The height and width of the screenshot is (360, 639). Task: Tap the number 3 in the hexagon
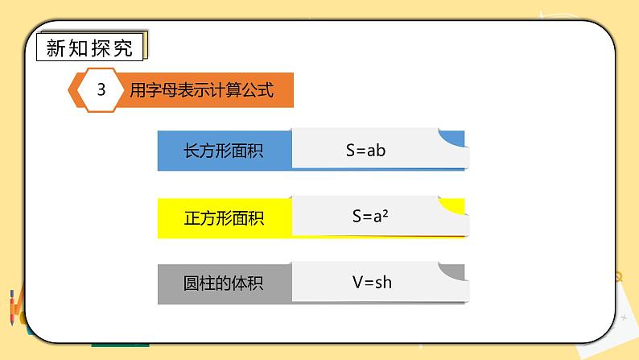pyautogui.click(x=101, y=90)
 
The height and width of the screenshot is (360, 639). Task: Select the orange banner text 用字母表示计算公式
pyautogui.click(x=201, y=90)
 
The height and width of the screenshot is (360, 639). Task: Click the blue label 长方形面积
pyautogui.click(x=224, y=151)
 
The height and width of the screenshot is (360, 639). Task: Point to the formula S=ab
pyautogui.click(x=365, y=150)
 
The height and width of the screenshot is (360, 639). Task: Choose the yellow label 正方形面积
pyautogui.click(x=224, y=218)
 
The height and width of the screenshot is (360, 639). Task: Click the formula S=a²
pyautogui.click(x=370, y=216)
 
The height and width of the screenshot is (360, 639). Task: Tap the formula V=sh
pyautogui.click(x=372, y=282)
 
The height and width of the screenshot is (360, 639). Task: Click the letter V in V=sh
pyautogui.click(x=357, y=282)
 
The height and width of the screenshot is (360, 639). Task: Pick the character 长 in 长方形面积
pyautogui.click(x=192, y=151)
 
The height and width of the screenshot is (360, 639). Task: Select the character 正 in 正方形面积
pyautogui.click(x=192, y=218)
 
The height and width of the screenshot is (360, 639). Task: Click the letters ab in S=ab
pyautogui.click(x=377, y=150)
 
